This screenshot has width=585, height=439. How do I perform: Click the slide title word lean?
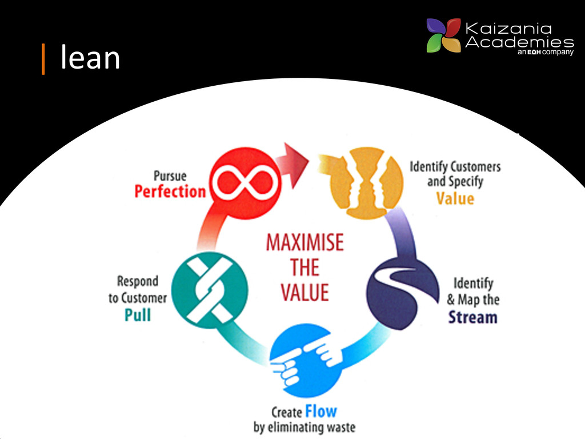(x=90, y=58)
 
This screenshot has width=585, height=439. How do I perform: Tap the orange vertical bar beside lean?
(x=43, y=59)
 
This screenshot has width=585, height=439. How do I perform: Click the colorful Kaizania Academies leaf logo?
(x=443, y=35)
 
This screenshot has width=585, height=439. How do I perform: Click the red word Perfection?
(x=170, y=191)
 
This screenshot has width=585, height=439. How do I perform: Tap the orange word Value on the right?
(x=455, y=198)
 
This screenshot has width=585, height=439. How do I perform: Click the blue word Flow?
(x=321, y=411)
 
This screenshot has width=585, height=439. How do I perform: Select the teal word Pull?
(x=138, y=314)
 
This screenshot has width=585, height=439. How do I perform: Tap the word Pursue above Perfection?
(x=170, y=175)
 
